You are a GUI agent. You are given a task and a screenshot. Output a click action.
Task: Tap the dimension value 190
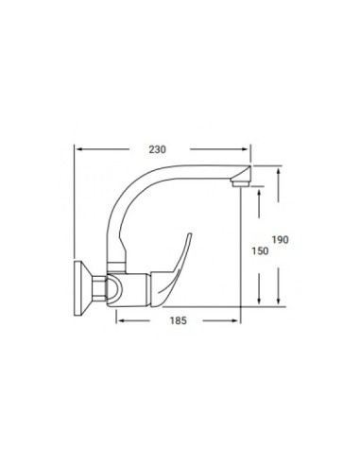point(280,240)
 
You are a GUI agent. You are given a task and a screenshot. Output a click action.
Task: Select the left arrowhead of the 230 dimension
point(79,148)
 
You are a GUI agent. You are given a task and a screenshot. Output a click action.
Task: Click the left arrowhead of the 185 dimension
point(120,320)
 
